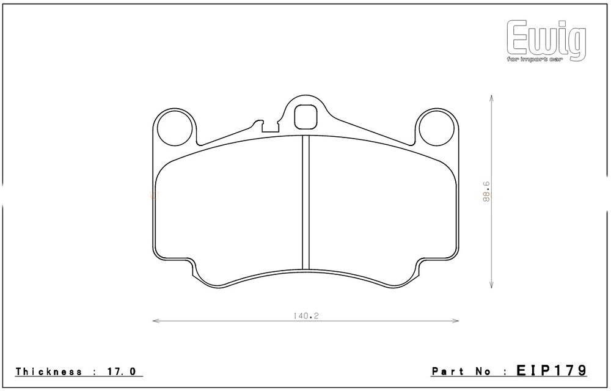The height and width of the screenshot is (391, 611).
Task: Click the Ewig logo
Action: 546,38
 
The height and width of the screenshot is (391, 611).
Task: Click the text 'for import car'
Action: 546,59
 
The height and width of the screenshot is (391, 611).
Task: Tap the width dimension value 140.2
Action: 305,316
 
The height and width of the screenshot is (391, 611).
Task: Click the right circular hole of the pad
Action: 435,129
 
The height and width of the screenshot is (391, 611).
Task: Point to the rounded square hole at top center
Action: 305,117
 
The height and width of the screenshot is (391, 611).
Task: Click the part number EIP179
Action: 552,370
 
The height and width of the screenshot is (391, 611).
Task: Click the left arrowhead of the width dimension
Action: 154,321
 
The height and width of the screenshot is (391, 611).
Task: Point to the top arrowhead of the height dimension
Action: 492,97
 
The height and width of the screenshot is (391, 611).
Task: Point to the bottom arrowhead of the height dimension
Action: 492,286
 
